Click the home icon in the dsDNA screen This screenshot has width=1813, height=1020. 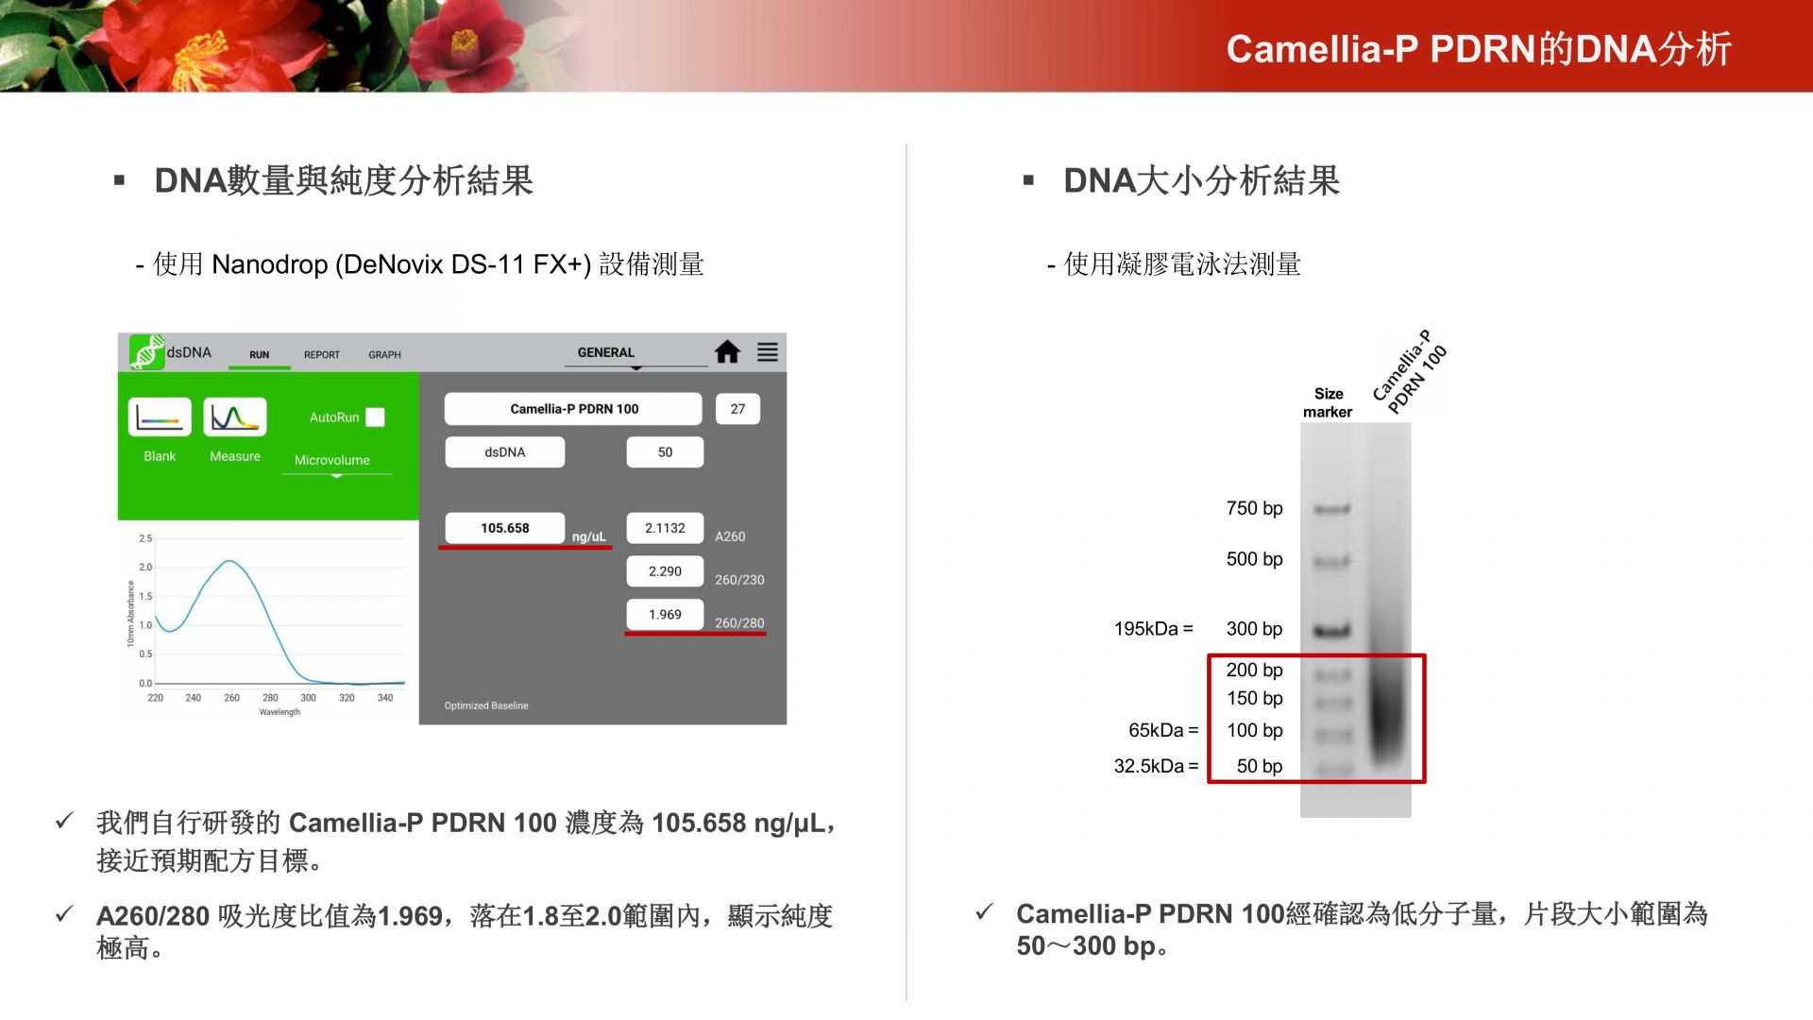pyautogui.click(x=727, y=352)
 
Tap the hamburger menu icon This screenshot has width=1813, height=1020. pyautogui.click(x=768, y=352)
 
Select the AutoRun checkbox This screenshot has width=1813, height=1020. pyautogui.click(x=375, y=417)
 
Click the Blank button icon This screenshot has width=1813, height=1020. pyautogui.click(x=160, y=417)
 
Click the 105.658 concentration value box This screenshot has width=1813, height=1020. pyautogui.click(x=505, y=528)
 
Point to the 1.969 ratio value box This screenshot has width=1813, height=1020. pyautogui.click(x=665, y=615)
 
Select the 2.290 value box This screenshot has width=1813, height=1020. pyautogui.click(x=665, y=571)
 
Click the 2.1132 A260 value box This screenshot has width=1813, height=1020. pyautogui.click(x=665, y=528)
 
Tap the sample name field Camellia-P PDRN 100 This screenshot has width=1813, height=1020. pyautogui.click(x=574, y=409)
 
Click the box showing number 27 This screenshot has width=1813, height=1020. pyautogui.click(x=737, y=409)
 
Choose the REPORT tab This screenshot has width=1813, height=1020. pyautogui.click(x=322, y=355)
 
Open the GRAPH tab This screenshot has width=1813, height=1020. pyautogui.click(x=384, y=355)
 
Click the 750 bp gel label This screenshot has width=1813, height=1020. pyautogui.click(x=1254, y=508)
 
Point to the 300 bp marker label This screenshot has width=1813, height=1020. pyautogui.click(x=1254, y=629)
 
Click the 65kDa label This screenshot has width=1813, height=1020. pyautogui.click(x=1162, y=730)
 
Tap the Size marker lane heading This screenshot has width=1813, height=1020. pyautogui.click(x=1328, y=402)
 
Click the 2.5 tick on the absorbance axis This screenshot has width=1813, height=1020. pyautogui.click(x=145, y=538)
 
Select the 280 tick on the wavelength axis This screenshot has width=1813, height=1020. pyautogui.click(x=270, y=698)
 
